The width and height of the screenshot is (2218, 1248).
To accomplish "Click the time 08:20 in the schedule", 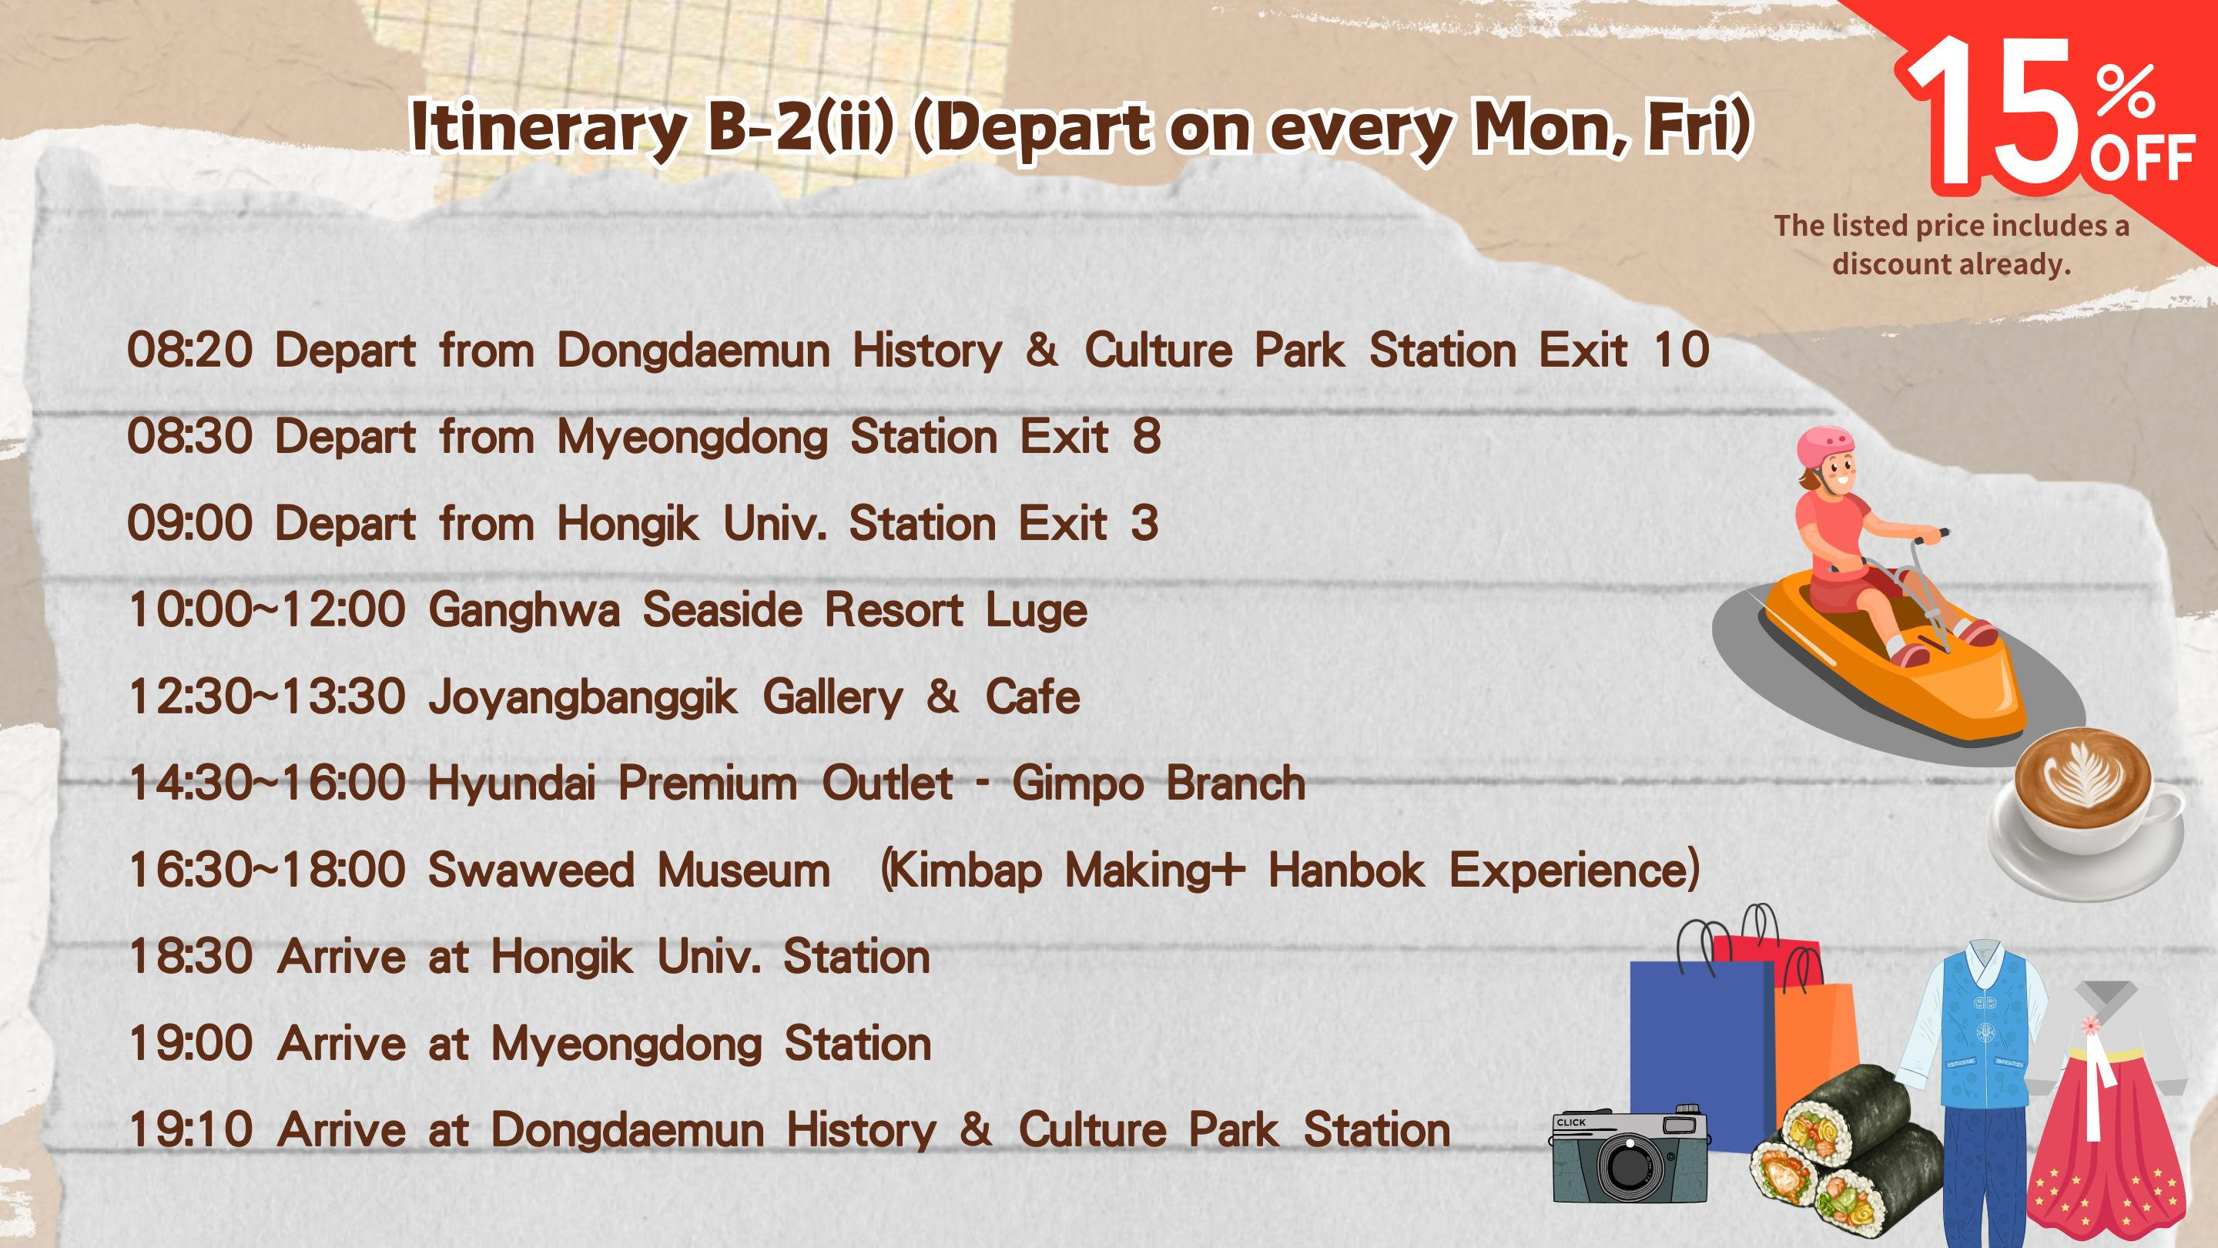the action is (x=189, y=351).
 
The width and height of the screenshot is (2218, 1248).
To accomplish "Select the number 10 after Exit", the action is (x=1681, y=351).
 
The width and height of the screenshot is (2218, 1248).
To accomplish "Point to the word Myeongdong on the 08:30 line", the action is (x=692, y=438).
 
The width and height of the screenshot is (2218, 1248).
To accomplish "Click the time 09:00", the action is (x=189, y=524).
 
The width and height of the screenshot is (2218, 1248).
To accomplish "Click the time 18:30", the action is (x=190, y=957).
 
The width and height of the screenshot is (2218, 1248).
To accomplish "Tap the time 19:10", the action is (x=190, y=1130).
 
